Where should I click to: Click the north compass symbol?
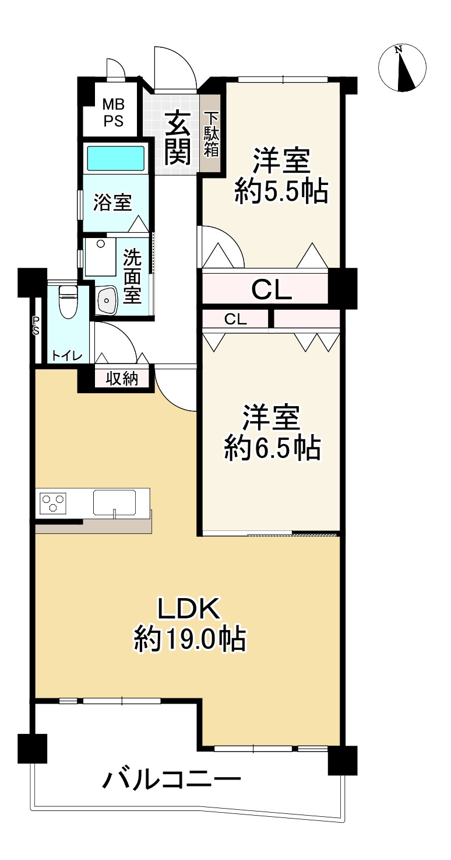click(x=402, y=68)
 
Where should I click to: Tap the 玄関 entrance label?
click(x=178, y=138)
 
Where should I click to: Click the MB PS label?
click(x=114, y=113)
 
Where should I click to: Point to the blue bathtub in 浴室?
click(x=116, y=158)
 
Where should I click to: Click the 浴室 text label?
click(x=113, y=202)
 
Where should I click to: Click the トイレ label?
click(x=67, y=356)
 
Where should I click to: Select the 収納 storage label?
click(x=122, y=379)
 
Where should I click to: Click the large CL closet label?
click(x=272, y=289)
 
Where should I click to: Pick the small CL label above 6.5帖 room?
click(x=235, y=319)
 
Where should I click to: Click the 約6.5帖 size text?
click(x=272, y=448)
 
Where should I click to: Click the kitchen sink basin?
click(x=114, y=502)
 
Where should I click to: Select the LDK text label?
click(x=189, y=608)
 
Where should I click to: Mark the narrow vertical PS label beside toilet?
click(x=36, y=325)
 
